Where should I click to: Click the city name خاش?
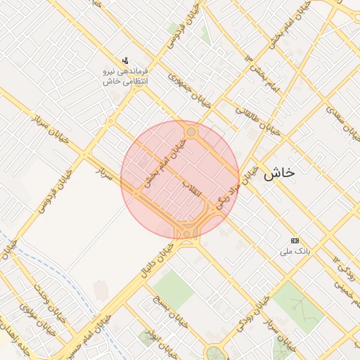(x=279, y=174)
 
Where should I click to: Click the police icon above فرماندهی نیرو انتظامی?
(x=125, y=60)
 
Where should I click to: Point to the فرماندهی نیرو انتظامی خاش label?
(x=124, y=77)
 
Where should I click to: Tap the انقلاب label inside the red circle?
(x=192, y=188)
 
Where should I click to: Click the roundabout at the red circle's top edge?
(x=191, y=131)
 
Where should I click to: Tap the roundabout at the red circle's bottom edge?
(x=187, y=231)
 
